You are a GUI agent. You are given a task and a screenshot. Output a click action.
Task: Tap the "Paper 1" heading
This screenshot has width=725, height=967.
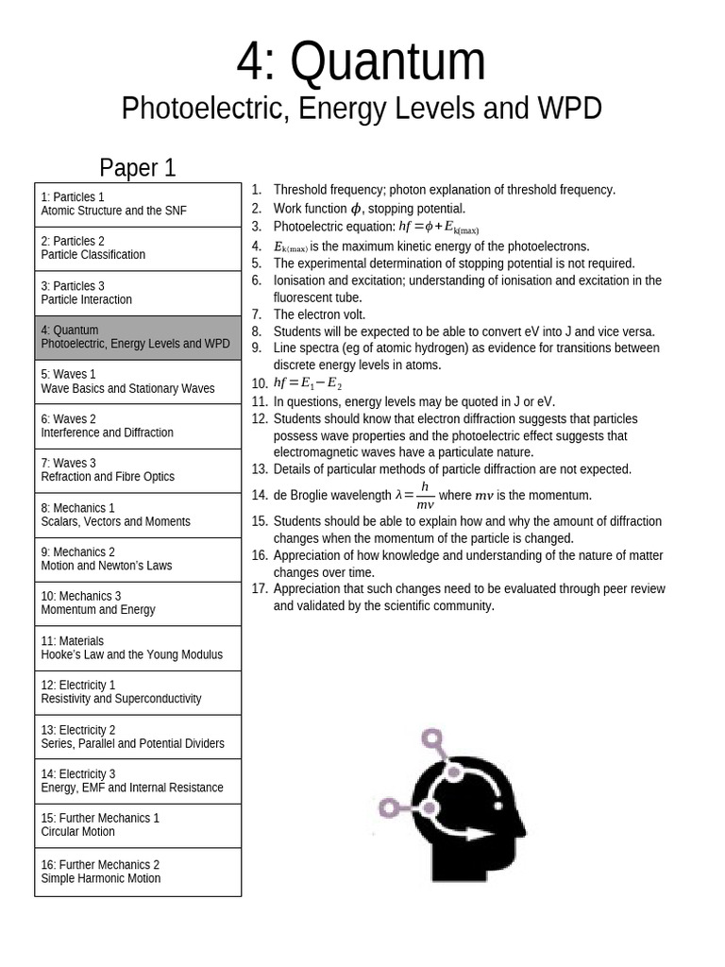(x=138, y=168)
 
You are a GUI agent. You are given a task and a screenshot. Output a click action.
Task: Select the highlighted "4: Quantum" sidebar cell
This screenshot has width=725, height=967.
(x=138, y=337)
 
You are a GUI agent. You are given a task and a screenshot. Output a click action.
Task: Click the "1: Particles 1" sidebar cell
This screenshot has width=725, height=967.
(x=138, y=204)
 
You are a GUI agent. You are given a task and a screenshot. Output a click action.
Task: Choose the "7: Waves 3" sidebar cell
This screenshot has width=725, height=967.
(x=138, y=470)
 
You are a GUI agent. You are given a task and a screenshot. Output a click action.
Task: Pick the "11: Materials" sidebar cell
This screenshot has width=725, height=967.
(x=138, y=648)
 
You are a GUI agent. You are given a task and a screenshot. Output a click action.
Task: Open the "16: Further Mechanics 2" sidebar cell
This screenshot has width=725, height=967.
(x=138, y=872)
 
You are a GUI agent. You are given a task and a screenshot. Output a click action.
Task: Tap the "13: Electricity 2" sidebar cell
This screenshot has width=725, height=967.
(x=138, y=737)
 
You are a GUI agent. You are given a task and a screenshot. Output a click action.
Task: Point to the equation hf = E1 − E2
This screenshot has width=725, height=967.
(x=308, y=383)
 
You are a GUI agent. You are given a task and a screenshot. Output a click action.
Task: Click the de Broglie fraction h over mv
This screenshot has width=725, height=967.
(x=425, y=495)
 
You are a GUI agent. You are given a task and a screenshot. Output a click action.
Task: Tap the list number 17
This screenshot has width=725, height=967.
(x=260, y=589)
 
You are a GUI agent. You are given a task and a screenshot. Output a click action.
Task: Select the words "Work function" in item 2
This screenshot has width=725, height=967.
(x=311, y=209)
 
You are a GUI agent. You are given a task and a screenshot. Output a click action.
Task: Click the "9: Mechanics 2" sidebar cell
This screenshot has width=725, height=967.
(x=138, y=559)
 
